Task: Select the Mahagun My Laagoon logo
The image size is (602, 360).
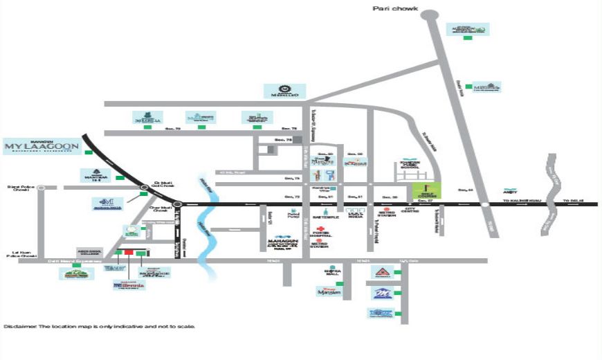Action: pyautogui.click(x=42, y=146)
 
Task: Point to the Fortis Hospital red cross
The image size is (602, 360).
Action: pyautogui.click(x=321, y=228)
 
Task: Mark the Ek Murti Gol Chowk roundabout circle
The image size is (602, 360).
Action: pyautogui.click(x=143, y=186)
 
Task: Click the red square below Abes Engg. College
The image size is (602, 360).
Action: pyautogui.click(x=127, y=252)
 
